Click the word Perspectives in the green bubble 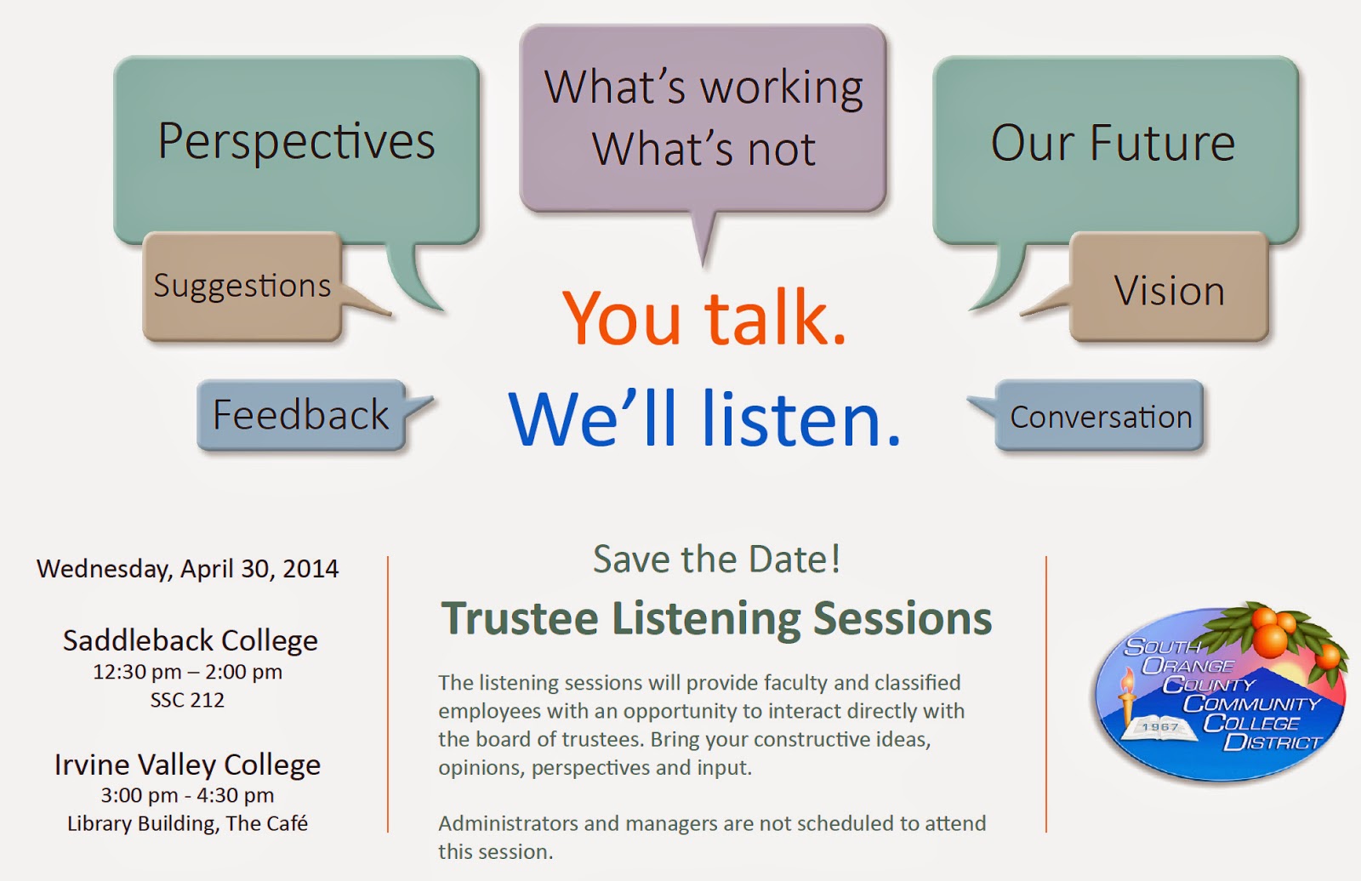[297, 142]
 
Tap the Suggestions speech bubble [243, 287]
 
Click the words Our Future [1113, 144]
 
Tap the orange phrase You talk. [703, 317]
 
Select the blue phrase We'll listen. [703, 418]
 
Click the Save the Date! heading [716, 559]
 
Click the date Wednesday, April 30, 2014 [188, 569]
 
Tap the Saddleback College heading [191, 640]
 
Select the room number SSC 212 [187, 701]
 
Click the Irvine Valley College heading [187, 765]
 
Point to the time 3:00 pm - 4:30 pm [187, 795]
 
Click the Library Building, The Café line [187, 824]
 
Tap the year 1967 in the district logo [1160, 727]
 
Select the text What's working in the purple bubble [703, 88]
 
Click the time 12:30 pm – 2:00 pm [187, 672]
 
